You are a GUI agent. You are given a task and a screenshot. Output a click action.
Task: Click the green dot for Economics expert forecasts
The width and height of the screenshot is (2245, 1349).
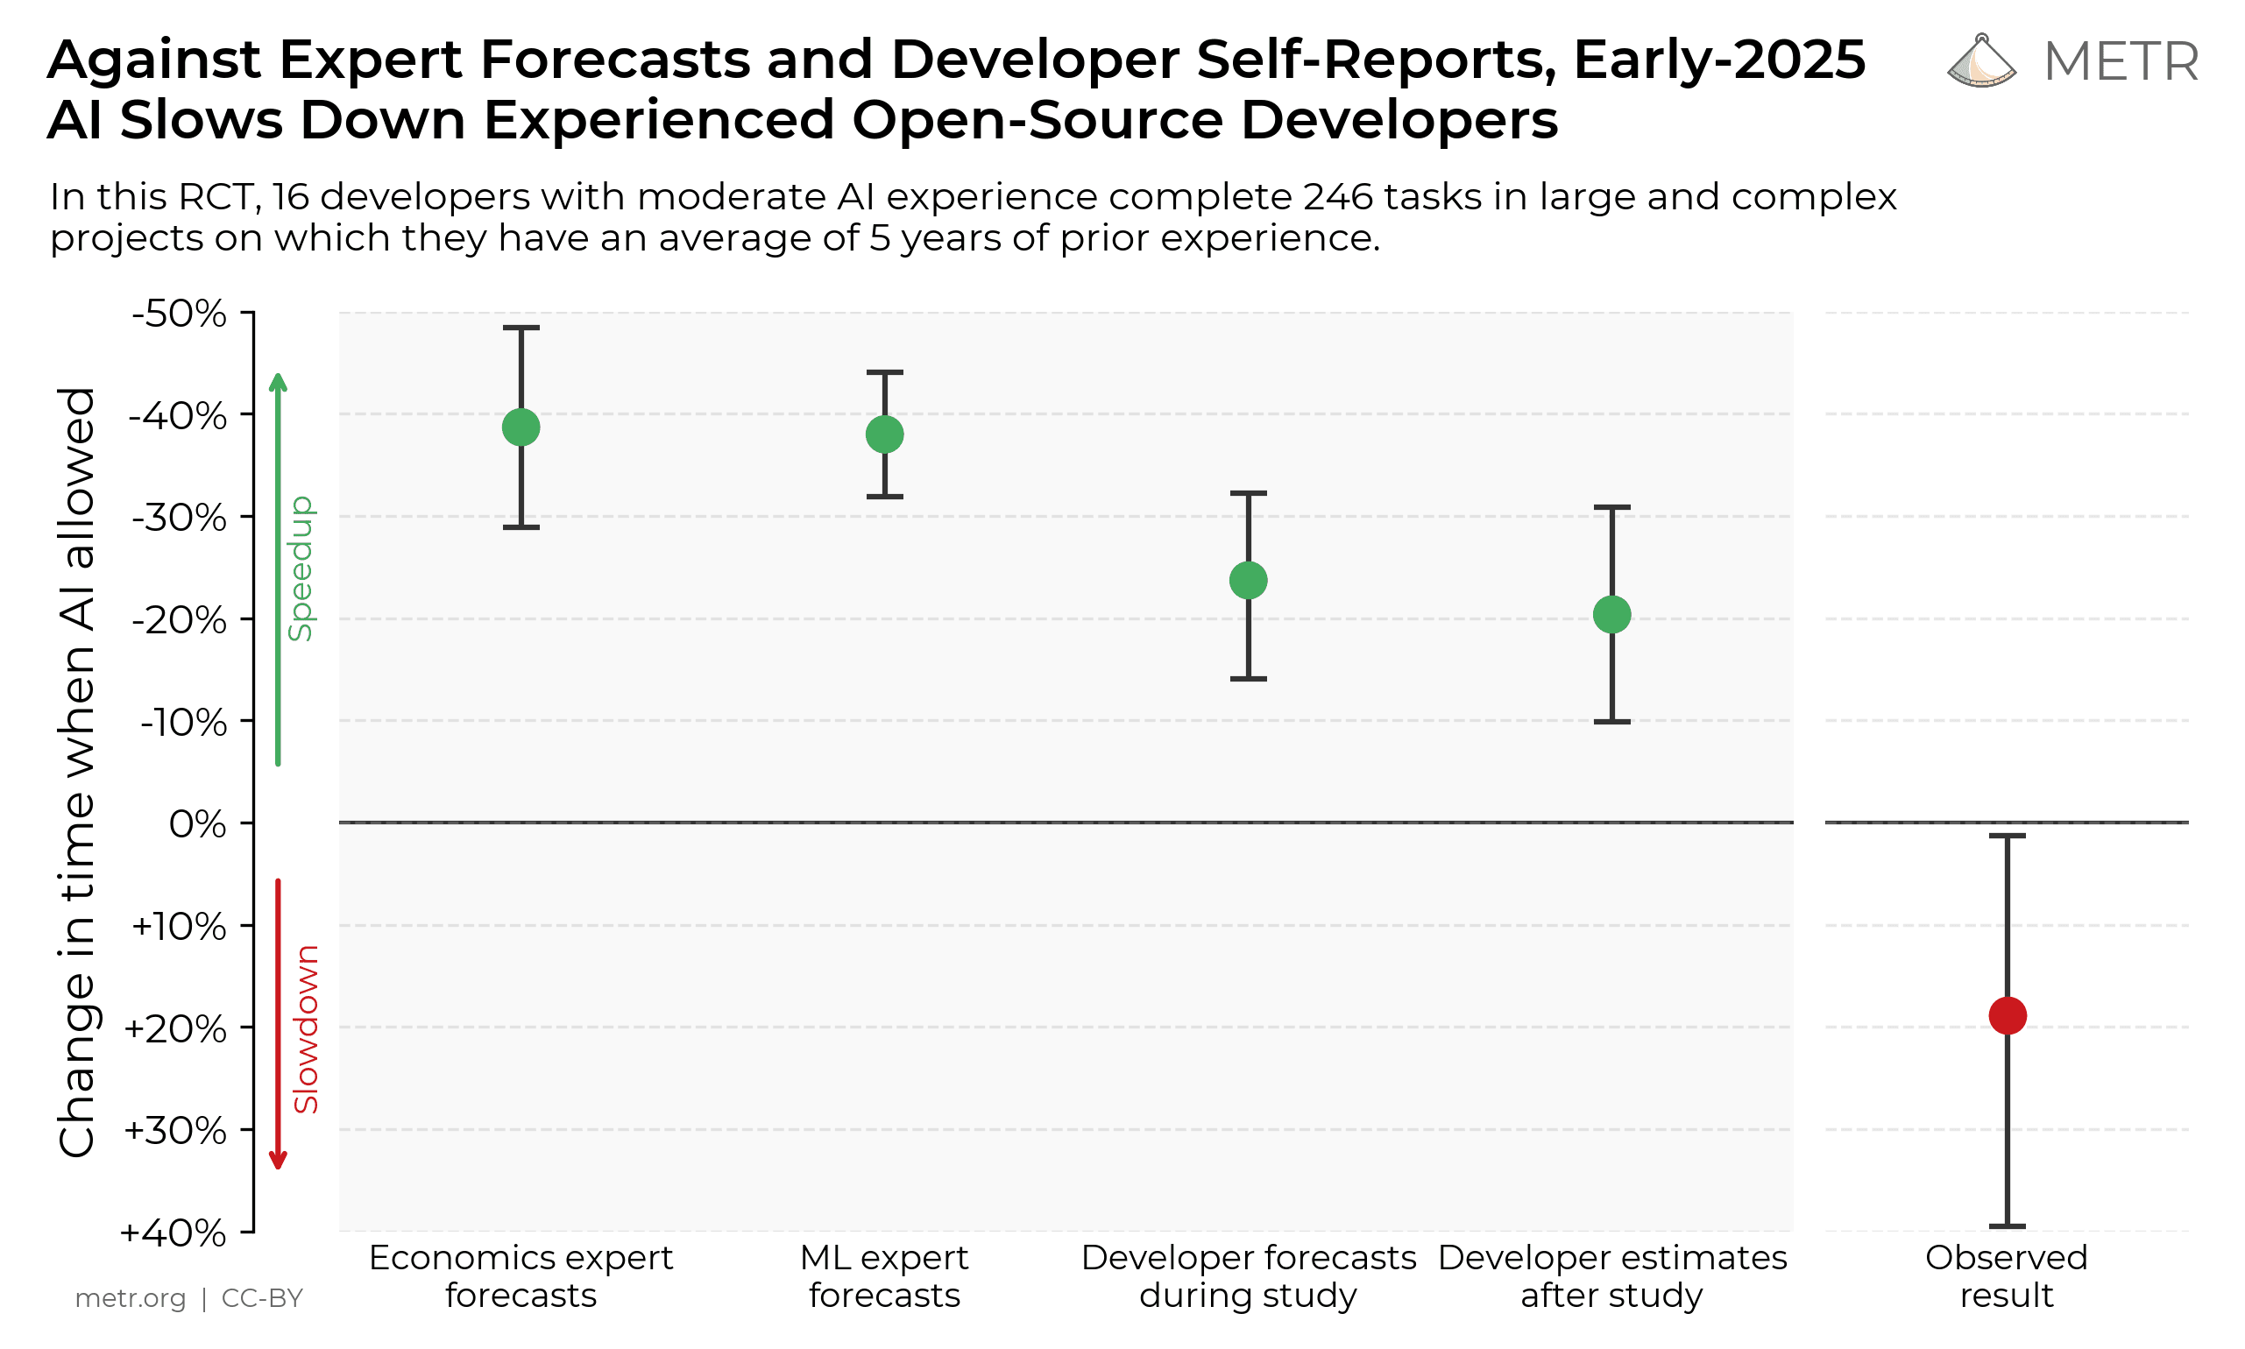pos(521,427)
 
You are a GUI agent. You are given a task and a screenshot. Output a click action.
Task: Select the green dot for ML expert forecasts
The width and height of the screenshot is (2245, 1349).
pos(885,434)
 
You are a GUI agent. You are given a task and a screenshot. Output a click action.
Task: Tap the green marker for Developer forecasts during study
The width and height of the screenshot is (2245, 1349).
pos(1249,580)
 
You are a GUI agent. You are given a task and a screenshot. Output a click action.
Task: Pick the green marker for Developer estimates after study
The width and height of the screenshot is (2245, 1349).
pos(1612,615)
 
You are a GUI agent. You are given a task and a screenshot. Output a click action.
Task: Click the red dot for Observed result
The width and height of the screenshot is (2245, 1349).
pos(2008,1015)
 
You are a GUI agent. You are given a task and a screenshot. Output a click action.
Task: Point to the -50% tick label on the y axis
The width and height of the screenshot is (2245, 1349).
pos(180,314)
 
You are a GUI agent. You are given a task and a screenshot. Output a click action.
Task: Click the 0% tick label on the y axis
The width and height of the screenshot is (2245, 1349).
pos(197,824)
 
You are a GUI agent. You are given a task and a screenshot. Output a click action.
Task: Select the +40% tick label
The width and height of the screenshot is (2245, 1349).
pos(173,1233)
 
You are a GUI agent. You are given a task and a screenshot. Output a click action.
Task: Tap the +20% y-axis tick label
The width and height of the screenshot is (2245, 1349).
pos(174,1029)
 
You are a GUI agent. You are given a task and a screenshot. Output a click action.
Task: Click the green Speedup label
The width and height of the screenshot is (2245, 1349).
pos(300,569)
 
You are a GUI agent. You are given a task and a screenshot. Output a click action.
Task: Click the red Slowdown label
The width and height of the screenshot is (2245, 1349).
pos(307,1029)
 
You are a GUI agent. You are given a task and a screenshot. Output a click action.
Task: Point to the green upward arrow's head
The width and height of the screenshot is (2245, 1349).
pos(279,380)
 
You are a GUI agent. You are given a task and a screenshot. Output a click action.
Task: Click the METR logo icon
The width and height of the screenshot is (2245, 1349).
pos(1981,62)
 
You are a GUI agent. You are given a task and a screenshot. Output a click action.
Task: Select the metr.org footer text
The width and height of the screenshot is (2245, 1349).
pos(130,1298)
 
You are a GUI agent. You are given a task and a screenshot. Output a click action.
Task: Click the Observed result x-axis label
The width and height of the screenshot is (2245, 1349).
pos(2007,1276)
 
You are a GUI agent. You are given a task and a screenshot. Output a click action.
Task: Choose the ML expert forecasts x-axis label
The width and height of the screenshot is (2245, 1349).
pos(885,1276)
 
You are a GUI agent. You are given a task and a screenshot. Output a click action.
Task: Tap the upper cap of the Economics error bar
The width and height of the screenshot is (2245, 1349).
pos(521,328)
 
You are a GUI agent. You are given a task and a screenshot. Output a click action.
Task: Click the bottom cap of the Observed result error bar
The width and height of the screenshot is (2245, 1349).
pos(2008,1226)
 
